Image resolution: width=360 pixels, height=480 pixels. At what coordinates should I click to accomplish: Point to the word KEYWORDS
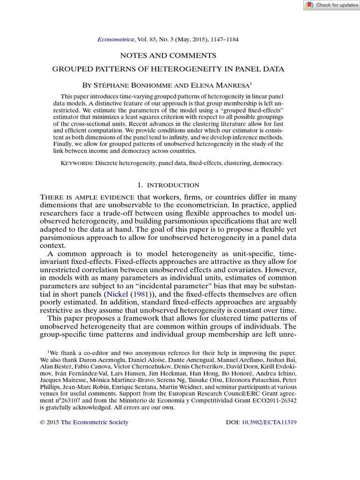(77, 163)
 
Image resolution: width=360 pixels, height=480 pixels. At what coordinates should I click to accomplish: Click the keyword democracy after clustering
(268, 163)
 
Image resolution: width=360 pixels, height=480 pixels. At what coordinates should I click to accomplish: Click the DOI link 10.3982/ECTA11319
(269, 422)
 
